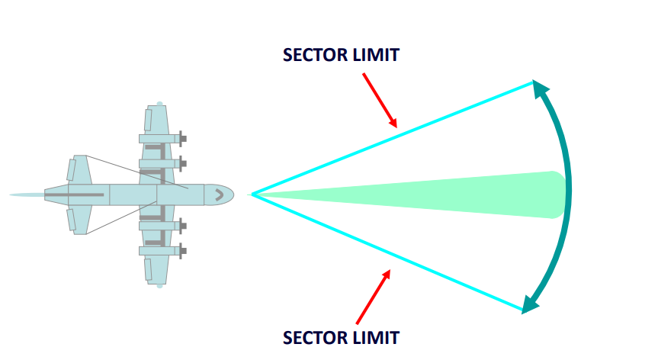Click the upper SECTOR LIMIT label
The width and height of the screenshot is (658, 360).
pos(341,56)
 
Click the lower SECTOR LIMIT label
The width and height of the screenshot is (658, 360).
pos(341,336)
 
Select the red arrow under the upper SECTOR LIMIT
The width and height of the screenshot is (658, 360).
pos(380,100)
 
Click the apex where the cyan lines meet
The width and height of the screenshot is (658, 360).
pos(252,194)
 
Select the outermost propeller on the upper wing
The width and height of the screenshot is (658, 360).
pos(182,139)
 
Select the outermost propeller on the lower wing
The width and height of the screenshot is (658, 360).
pos(182,250)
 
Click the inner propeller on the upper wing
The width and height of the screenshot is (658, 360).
pos(182,163)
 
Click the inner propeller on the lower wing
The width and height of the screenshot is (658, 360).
pos(182,226)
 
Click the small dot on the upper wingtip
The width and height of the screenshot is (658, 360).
pos(159,103)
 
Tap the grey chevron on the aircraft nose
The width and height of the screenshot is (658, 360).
pos(219,194)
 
